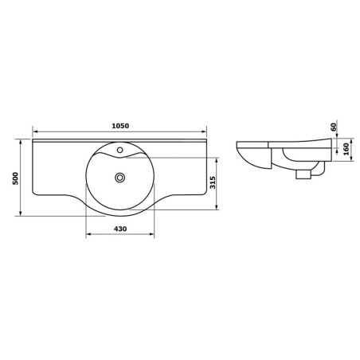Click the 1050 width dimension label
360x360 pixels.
pyautogui.click(x=120, y=126)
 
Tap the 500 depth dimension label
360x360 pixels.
pyautogui.click(x=16, y=178)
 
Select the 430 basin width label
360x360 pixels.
pyautogui.click(x=120, y=229)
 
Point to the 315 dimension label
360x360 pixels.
pyautogui.click(x=213, y=182)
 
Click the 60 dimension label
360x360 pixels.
pyautogui.click(x=334, y=127)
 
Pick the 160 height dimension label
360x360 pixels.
pyautogui.click(x=346, y=150)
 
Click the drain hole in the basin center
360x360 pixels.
pyautogui.click(x=120, y=178)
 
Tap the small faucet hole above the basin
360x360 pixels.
pyautogui.click(x=120, y=150)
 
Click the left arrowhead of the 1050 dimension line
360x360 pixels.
pyautogui.click(x=34, y=131)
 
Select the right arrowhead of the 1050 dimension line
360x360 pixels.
pyautogui.click(x=204, y=131)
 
